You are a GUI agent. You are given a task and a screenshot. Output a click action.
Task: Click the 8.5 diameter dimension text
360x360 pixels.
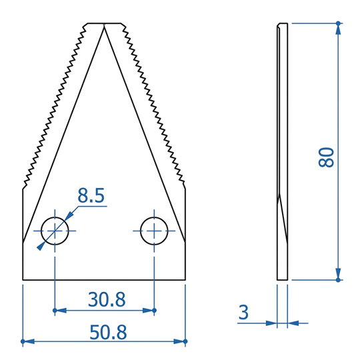(91, 195)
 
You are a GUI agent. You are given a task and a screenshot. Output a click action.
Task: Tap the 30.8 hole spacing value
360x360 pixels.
(107, 299)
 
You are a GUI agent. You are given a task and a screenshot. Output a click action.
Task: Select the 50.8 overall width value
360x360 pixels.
(108, 332)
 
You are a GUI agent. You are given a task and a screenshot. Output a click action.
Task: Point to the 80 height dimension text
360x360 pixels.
(326, 157)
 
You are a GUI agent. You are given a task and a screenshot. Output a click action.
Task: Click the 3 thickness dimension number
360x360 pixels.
(243, 312)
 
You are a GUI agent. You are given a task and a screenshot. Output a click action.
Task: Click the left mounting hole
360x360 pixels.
(55, 231)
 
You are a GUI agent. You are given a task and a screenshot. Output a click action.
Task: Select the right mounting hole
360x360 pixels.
(154, 231)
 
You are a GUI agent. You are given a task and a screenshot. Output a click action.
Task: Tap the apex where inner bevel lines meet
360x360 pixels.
(104, 25)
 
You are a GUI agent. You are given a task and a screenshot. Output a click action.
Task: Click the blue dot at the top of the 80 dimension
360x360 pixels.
(338, 23)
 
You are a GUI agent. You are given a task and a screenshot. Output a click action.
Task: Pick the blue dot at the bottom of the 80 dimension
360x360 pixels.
(338, 280)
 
